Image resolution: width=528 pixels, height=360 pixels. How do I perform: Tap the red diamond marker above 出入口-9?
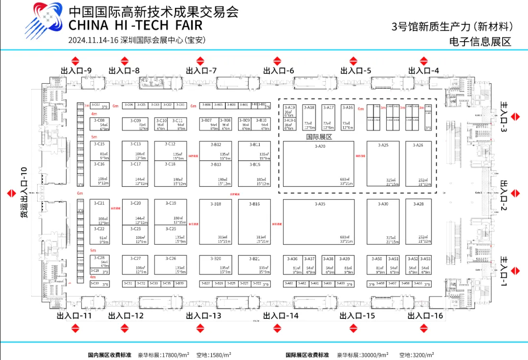pyautogui.click(x=75, y=61)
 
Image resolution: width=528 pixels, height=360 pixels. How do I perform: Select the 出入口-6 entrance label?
pyautogui.click(x=279, y=71)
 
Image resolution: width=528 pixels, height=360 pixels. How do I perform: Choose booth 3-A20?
pyautogui.click(x=319, y=164)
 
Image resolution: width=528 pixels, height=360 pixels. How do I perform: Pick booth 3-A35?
pyautogui.click(x=319, y=222)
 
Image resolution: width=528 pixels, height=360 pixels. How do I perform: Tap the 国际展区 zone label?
pyautogui.click(x=319, y=137)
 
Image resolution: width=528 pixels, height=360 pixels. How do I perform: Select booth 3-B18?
pyautogui.click(x=215, y=222)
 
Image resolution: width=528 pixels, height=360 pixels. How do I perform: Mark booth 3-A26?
pyautogui.click(x=418, y=164)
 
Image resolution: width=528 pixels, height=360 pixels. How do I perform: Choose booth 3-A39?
pyautogui.click(x=345, y=265)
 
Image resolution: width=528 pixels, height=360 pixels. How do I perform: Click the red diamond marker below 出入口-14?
pyautogui.click(x=279, y=329)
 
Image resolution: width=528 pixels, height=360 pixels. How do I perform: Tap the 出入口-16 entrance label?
pyautogui.click(x=425, y=316)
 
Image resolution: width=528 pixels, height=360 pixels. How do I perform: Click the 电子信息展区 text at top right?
pyautogui.click(x=480, y=42)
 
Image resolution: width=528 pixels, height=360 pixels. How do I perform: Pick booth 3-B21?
pyautogui.click(x=254, y=265)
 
